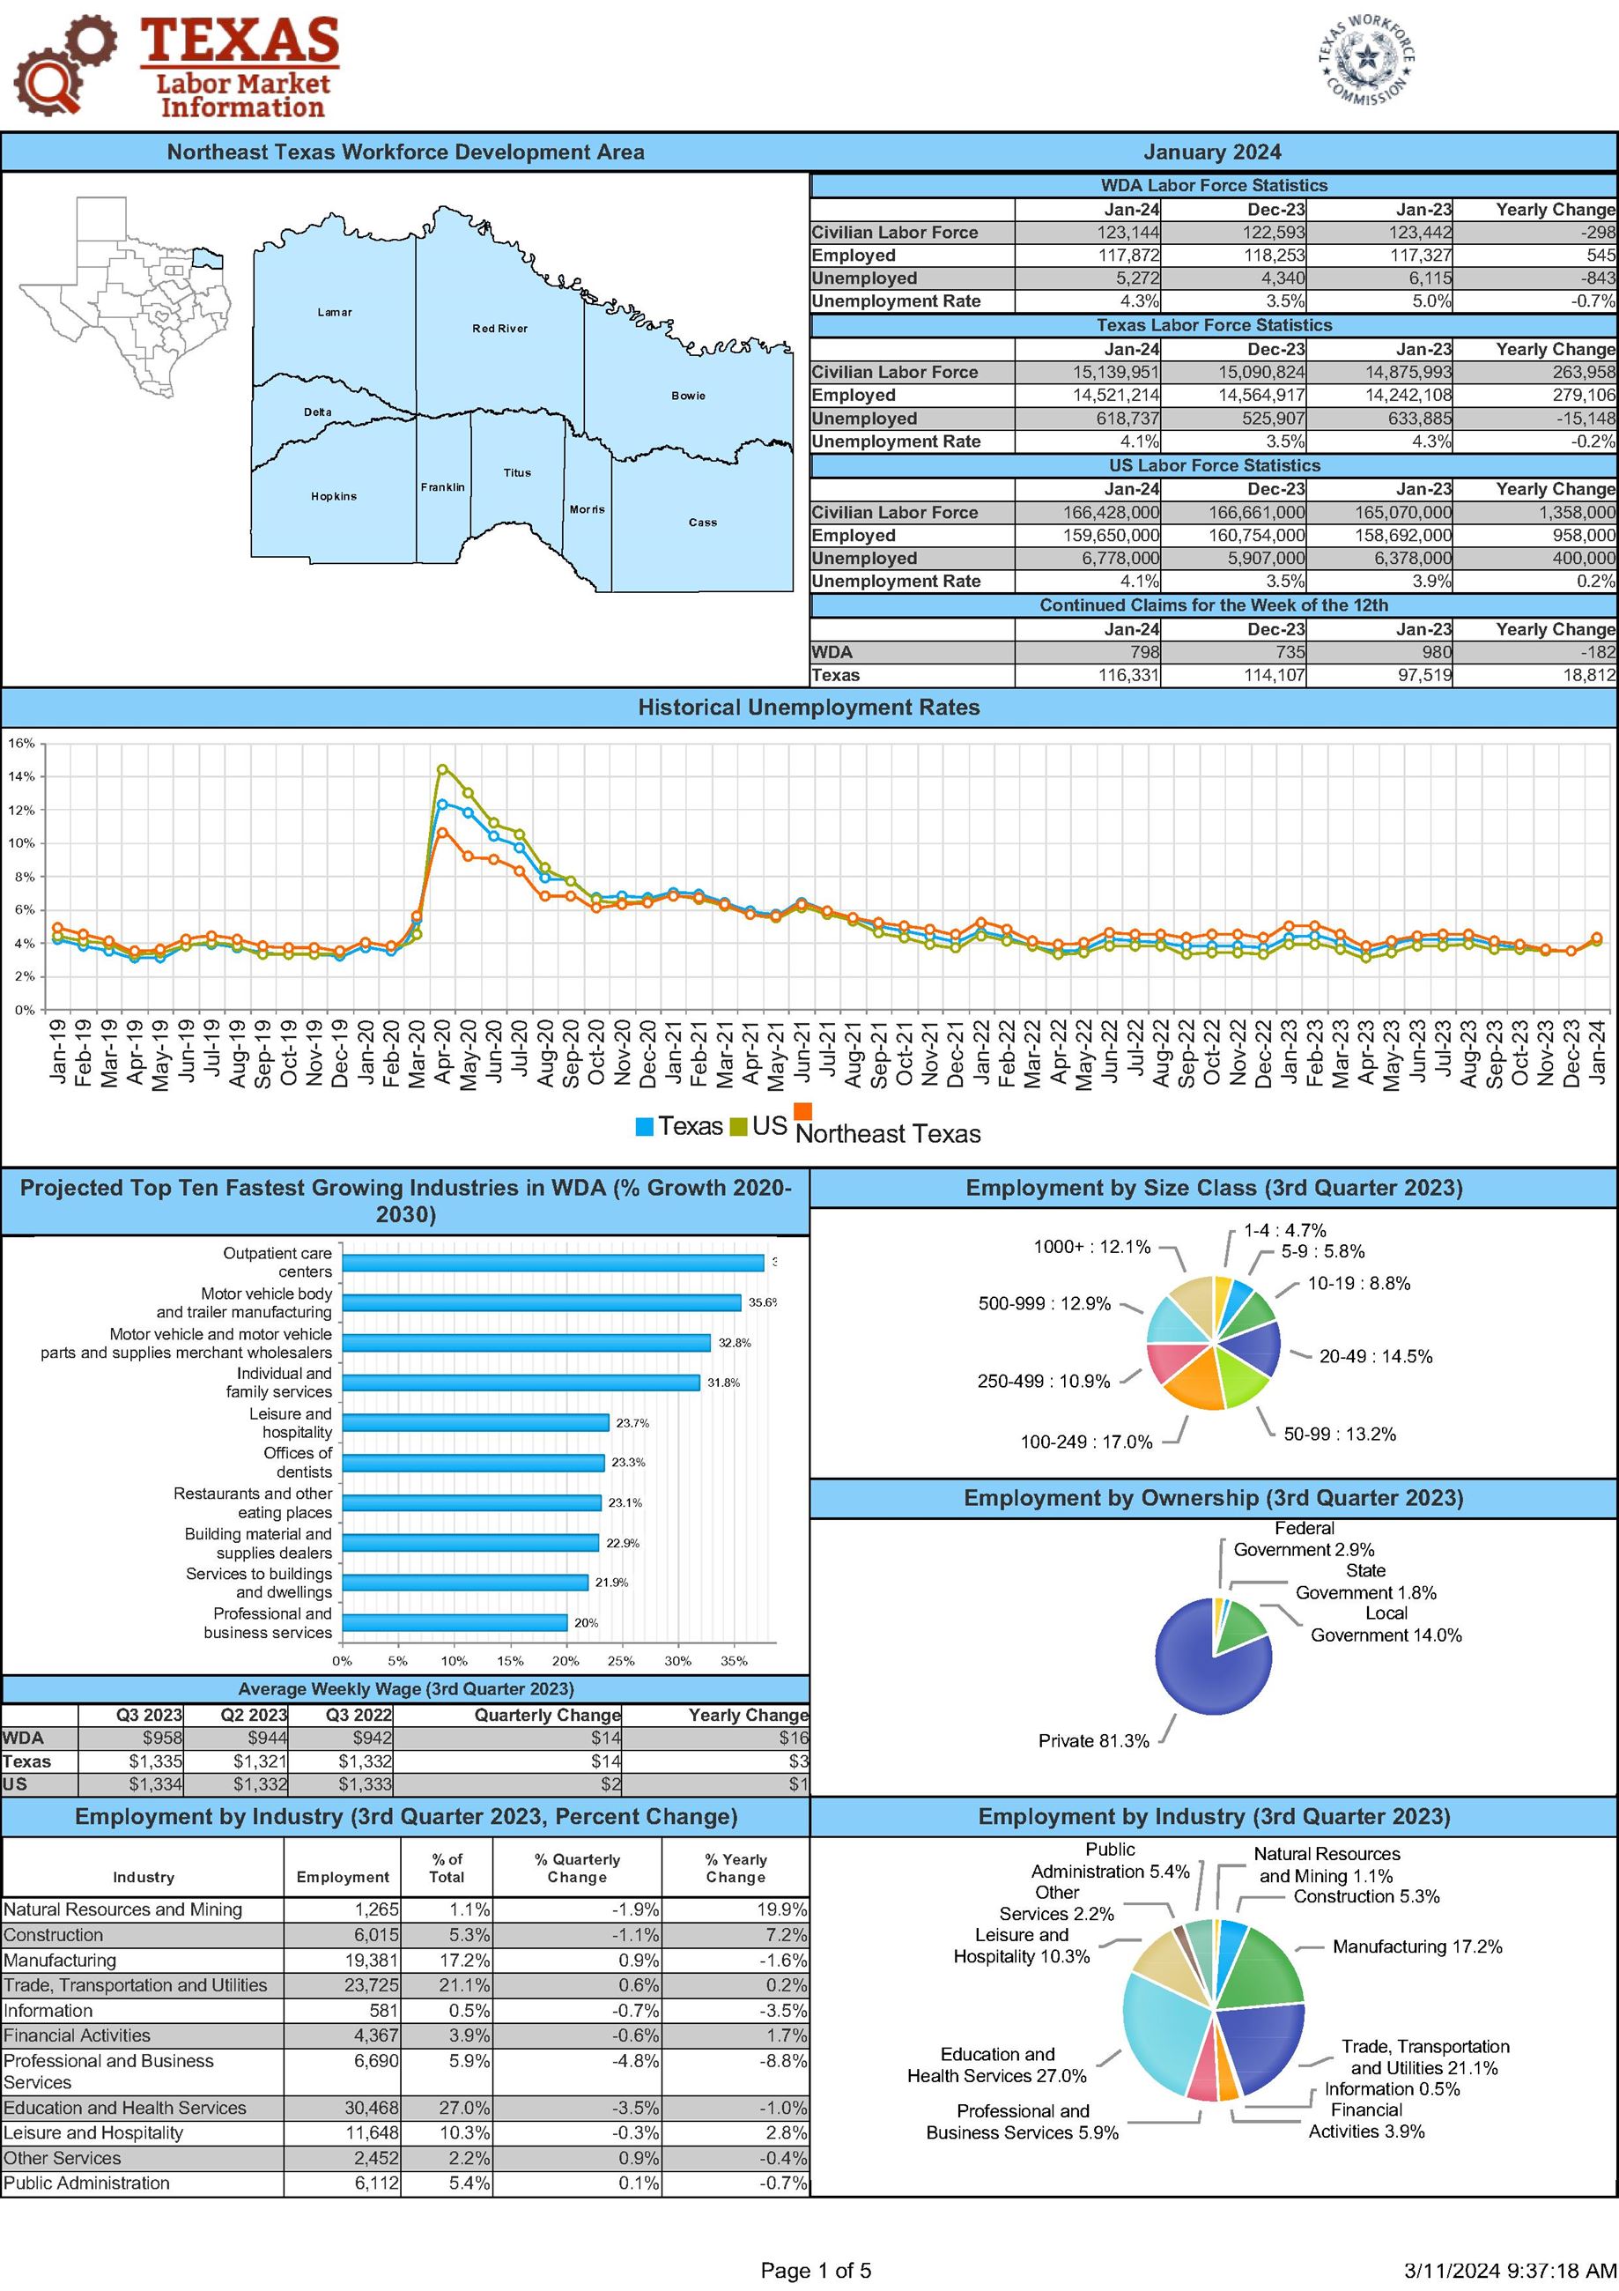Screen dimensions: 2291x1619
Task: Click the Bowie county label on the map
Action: [x=687, y=395]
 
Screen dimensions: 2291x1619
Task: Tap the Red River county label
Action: [x=499, y=329]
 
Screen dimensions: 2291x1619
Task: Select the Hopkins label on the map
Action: [x=333, y=496]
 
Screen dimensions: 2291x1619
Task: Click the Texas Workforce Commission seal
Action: [x=1365, y=61]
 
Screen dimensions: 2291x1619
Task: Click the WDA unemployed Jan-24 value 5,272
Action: [x=1128, y=278]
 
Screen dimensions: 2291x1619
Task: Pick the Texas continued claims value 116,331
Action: [x=1128, y=676]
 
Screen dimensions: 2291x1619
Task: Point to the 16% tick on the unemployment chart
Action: [x=22, y=744]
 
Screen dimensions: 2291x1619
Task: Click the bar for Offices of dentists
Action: [x=473, y=1463]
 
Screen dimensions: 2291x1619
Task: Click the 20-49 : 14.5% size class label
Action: [x=1375, y=1356]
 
